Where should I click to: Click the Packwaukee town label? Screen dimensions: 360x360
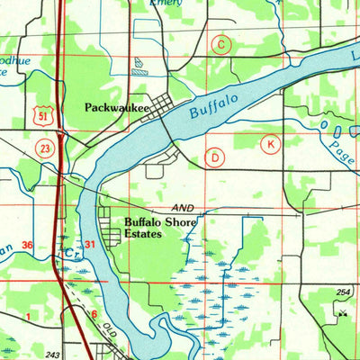117,107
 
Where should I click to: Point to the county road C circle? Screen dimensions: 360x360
220,44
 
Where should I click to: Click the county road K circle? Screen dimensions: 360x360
269,144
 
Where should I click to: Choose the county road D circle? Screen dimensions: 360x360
215,157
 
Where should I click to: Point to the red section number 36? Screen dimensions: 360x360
28,245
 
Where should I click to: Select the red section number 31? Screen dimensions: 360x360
89,245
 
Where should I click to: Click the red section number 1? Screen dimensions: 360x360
28,317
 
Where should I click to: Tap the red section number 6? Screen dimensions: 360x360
94,313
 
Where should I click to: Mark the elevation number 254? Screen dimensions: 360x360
343,293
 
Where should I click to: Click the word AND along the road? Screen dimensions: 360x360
183,205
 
